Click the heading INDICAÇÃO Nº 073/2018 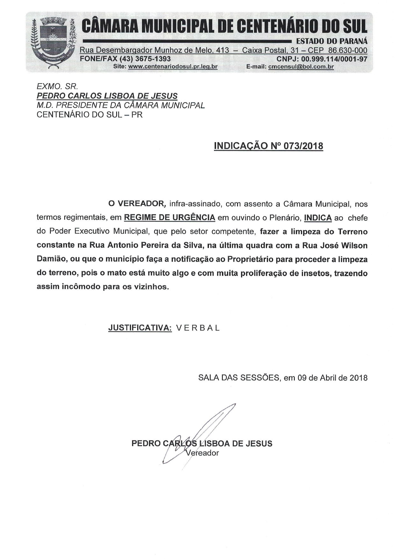pyautogui.click(x=269, y=146)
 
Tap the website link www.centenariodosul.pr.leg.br pyautogui.click(x=172, y=67)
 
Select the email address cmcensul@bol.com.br pyautogui.click(x=301, y=67)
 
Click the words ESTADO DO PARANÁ pyautogui.click(x=332, y=41)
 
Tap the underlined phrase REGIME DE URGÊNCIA pyautogui.click(x=169, y=218)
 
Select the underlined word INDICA pyautogui.click(x=318, y=218)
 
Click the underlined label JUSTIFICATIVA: pyautogui.click(x=140, y=328)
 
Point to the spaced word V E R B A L pyautogui.click(x=198, y=328)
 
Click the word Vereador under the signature pyautogui.click(x=202, y=453)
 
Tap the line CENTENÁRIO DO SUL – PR pyautogui.click(x=90, y=115)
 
